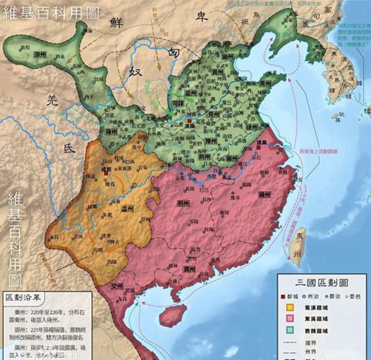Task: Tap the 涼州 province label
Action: tap(34, 59)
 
